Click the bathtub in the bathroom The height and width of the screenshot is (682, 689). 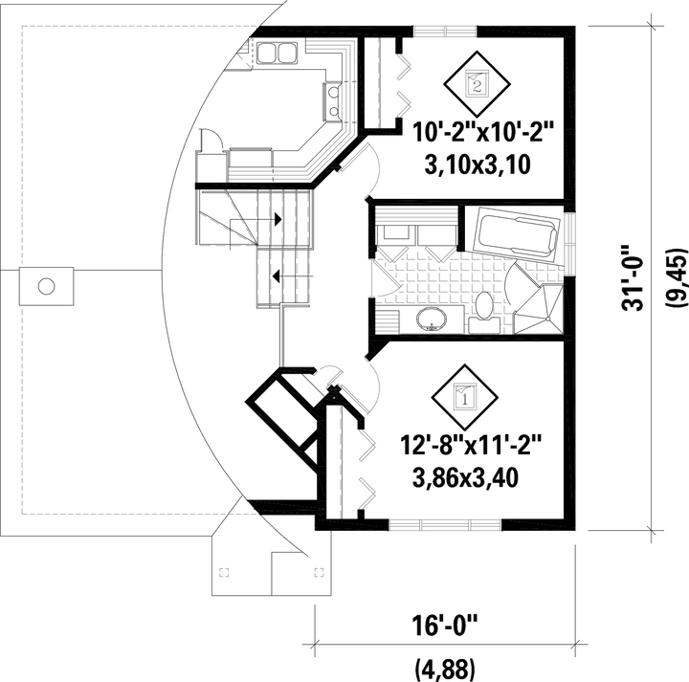tap(518, 234)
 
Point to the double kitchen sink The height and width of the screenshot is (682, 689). tap(277, 53)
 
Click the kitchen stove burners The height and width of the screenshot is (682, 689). tap(333, 101)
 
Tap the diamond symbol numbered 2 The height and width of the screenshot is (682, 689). tap(477, 84)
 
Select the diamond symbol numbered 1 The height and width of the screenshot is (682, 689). tap(464, 397)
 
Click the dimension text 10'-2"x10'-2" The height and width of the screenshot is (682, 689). tap(482, 133)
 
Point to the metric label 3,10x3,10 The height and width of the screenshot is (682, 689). tap(478, 165)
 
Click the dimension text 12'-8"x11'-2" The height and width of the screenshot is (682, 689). tap(471, 446)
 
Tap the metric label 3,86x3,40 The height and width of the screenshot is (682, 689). tap(465, 478)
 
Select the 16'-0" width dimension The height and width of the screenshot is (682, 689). tap(444, 625)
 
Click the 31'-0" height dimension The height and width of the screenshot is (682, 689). tap(633, 278)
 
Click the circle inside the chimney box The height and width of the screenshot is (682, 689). tap(46, 286)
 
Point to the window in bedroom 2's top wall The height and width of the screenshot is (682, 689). tap(445, 32)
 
